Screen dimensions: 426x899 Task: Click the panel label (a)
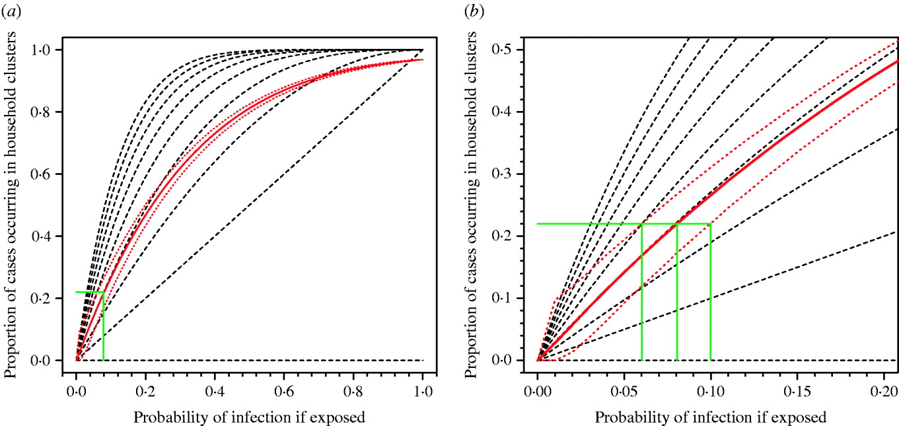(x=11, y=11)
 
